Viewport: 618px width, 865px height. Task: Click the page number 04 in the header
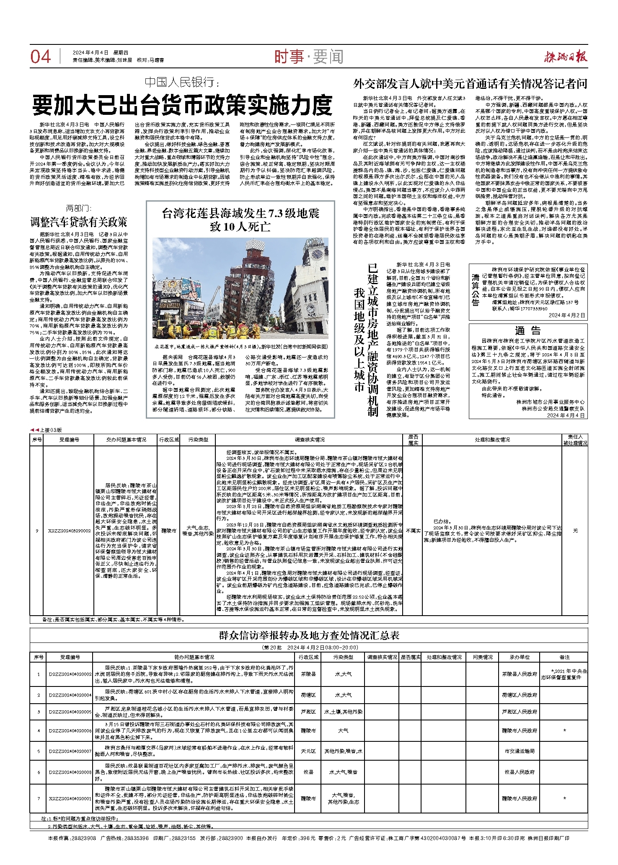tap(41, 56)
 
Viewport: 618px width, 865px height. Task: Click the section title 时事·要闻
tap(309, 57)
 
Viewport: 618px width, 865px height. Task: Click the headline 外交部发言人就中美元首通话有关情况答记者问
tap(470, 84)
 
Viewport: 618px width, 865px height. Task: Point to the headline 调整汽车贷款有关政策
tap(78, 222)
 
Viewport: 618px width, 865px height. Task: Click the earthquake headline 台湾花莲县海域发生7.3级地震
tap(240, 214)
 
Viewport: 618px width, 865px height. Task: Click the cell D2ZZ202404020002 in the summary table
tap(70, 674)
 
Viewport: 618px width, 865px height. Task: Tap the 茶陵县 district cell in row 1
tap(308, 674)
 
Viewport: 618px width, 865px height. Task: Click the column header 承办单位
tap(520, 658)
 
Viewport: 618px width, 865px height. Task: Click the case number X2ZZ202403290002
tap(69, 531)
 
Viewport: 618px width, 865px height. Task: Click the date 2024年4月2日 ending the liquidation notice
tap(566, 315)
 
